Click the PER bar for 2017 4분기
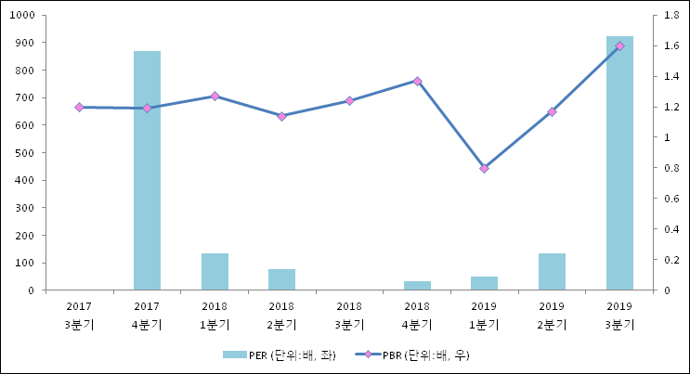tap(147, 171)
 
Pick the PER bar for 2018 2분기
tap(281, 279)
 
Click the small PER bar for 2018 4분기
tap(417, 286)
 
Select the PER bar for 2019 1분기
tap(484, 283)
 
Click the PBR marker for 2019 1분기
tap(484, 168)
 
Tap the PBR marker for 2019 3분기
tap(619, 45)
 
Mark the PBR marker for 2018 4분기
tap(417, 81)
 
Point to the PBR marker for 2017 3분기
tap(79, 107)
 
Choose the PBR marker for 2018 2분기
tap(281, 116)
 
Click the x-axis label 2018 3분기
tap(349, 315)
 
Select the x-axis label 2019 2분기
tap(552, 315)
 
